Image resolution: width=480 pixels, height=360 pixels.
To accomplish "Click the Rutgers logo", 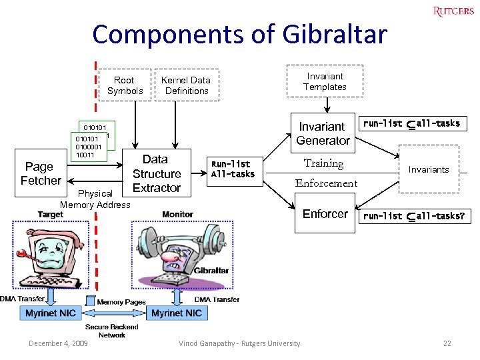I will [453, 11].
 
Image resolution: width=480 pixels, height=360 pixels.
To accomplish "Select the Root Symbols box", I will [125, 85].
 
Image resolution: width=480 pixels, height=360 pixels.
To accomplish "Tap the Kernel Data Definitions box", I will [187, 85].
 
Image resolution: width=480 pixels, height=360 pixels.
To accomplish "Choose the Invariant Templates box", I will [325, 81].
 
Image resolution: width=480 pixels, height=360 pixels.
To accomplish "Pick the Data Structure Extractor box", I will [156, 173].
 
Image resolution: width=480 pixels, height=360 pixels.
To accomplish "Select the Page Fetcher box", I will [41, 173].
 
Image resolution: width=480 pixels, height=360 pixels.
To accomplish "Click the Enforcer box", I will [325, 213].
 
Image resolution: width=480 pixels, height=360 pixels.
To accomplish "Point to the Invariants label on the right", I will [429, 169].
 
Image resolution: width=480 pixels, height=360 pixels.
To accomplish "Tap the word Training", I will [323, 163].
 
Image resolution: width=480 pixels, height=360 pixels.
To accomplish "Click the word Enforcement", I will [326, 183].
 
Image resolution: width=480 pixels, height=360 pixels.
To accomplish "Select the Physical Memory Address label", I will [95, 199].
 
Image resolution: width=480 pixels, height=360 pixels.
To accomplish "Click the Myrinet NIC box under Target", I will [50, 313].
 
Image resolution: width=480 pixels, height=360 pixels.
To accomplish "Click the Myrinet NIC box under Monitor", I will [176, 313].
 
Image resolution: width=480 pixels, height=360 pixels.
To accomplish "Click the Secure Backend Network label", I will [112, 331].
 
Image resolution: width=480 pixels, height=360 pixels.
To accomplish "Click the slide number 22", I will [447, 343].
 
